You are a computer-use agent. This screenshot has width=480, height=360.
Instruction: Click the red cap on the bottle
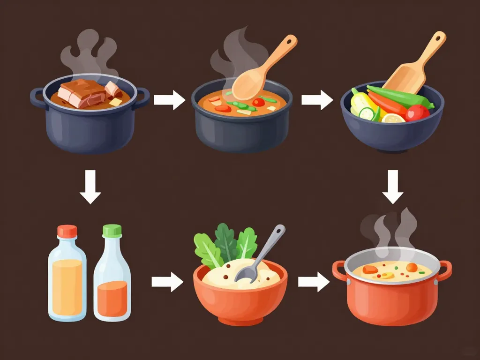(67, 231)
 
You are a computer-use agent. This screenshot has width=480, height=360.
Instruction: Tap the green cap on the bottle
(112, 230)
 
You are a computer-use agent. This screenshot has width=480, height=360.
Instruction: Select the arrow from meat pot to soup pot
(169, 100)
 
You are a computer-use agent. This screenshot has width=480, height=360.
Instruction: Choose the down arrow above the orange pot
(393, 186)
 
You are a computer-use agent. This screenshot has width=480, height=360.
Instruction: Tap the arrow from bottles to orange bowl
(167, 282)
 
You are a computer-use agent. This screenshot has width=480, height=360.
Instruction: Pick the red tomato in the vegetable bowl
(417, 112)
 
